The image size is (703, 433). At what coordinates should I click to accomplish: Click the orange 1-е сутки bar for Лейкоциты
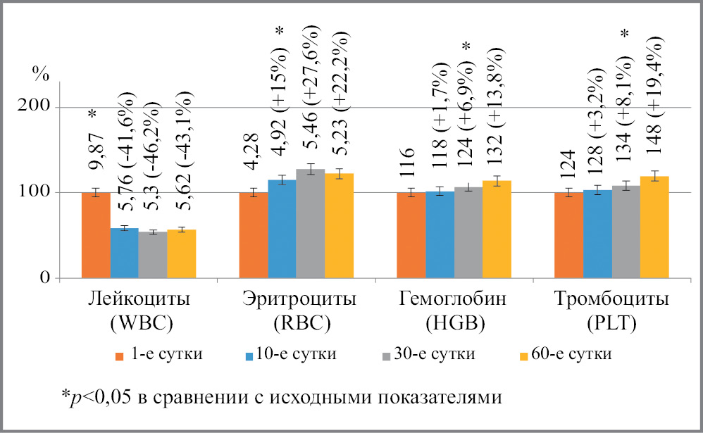point(96,235)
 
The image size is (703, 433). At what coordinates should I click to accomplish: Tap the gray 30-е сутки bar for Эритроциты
point(311,224)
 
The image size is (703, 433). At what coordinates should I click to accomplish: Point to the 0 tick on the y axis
point(44,278)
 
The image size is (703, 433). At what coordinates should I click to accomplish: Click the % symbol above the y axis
point(41,73)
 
